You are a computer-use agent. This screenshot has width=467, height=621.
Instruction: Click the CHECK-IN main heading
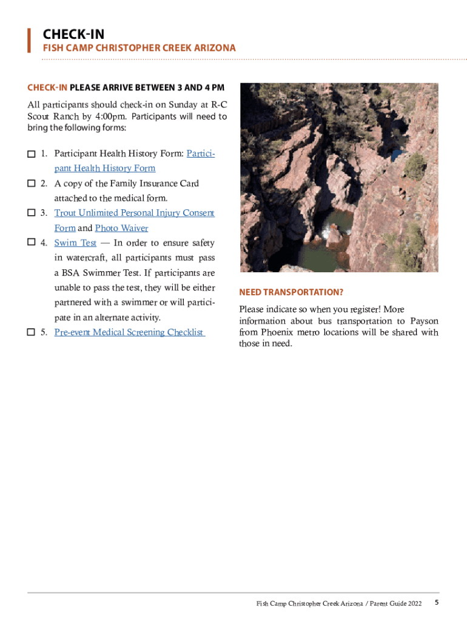point(73,35)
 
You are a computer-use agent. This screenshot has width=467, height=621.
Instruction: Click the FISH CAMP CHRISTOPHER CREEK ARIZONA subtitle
point(139,48)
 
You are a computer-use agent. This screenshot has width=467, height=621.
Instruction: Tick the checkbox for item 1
point(31,154)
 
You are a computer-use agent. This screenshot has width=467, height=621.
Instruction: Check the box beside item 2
point(31,184)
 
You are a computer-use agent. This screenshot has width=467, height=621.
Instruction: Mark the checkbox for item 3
point(31,213)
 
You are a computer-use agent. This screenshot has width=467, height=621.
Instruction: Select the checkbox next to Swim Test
point(31,243)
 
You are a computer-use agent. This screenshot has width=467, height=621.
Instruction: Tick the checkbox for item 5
point(31,332)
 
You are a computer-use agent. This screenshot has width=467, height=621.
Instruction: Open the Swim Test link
point(75,243)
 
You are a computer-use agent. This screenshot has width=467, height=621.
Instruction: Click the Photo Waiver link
point(121,229)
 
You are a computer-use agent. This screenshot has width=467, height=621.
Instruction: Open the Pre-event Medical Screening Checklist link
point(129,332)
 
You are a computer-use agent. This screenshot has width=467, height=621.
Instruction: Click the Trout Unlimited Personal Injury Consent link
point(134,213)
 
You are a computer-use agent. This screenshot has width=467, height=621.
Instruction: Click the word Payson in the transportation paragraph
point(424,321)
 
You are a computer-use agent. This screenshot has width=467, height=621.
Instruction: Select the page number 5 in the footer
point(437,603)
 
